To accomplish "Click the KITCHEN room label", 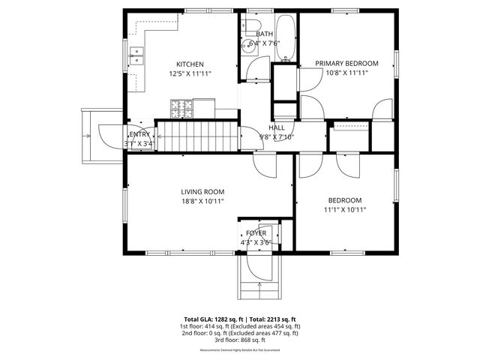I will point(190,64).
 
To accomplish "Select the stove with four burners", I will point(182,109).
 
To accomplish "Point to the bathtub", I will point(286,37).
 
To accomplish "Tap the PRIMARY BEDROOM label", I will point(346,64).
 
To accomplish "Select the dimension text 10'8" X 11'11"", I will point(346,73).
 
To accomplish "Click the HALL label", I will point(277,127).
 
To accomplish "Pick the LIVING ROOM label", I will point(202,191).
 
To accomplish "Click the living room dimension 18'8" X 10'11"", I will point(202,201).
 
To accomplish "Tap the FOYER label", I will point(257,233).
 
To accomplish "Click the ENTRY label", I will point(139,134).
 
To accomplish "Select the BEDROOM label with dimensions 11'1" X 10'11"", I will point(345,200).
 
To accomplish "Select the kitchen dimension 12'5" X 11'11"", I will point(190,73).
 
